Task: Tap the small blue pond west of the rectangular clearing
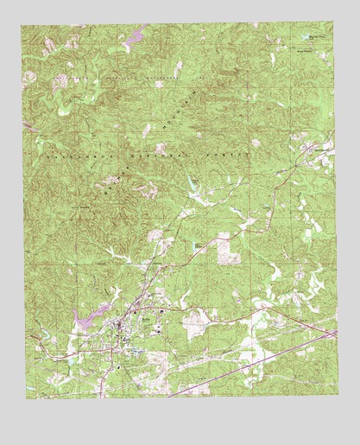(x=197, y=245)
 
